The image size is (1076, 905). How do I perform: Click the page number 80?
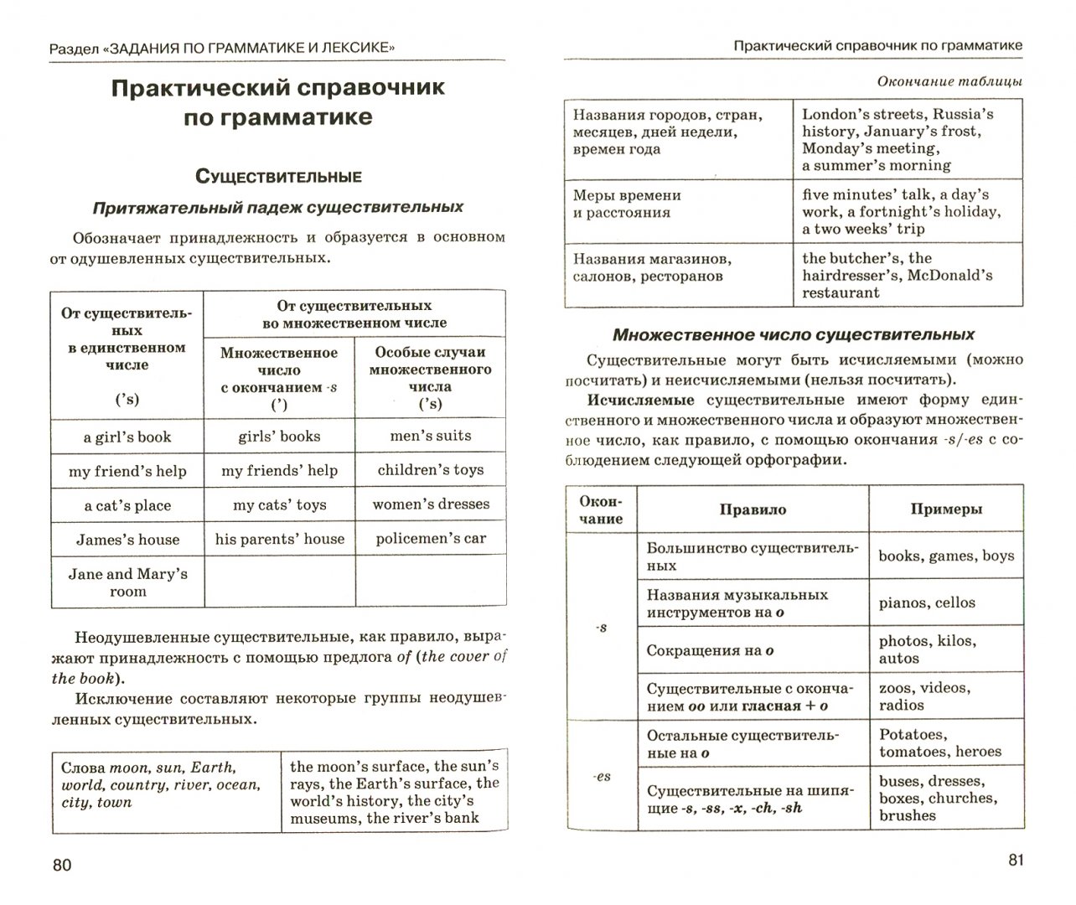[x=62, y=865]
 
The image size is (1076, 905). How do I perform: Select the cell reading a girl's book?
[x=127, y=437]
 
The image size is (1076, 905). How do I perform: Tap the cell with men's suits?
[x=431, y=436]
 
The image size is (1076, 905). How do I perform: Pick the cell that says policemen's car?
[x=431, y=539]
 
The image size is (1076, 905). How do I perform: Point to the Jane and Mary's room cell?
[x=127, y=582]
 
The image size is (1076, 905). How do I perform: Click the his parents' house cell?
[x=279, y=539]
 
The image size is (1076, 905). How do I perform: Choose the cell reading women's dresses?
[x=431, y=504]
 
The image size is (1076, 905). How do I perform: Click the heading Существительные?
[x=278, y=176]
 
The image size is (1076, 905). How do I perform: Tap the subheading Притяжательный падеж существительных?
[x=278, y=207]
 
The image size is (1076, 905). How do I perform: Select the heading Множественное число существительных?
[x=793, y=335]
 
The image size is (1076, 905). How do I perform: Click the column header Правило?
[x=753, y=509]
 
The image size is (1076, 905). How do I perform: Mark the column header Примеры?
[x=945, y=509]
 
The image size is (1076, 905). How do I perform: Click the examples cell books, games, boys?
[x=945, y=556]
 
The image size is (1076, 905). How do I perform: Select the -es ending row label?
[x=601, y=777]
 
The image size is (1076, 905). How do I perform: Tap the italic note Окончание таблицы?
[x=949, y=81]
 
